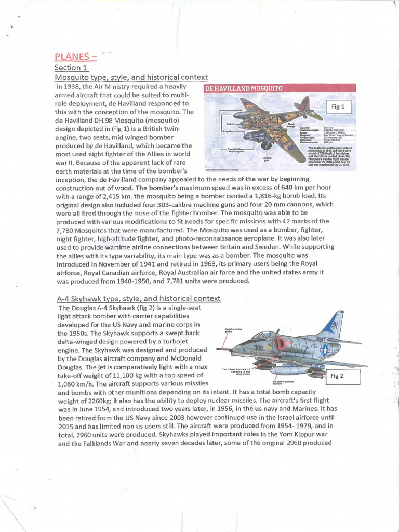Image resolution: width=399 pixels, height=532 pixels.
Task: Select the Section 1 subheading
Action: (72, 68)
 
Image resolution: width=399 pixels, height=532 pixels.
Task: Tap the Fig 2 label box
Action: (339, 376)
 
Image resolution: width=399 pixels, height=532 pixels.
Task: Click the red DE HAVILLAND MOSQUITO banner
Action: (244, 88)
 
